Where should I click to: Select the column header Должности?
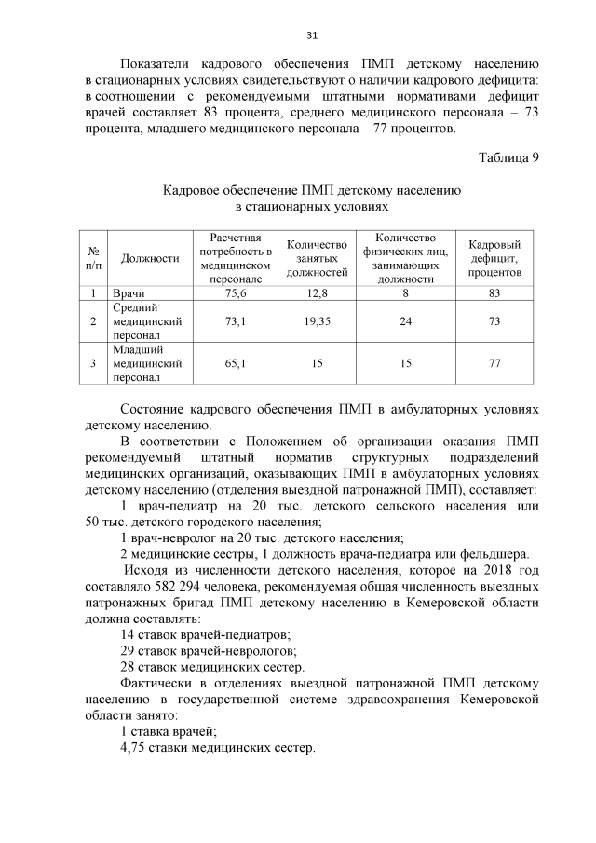point(150,258)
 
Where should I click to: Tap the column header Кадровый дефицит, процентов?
point(494,258)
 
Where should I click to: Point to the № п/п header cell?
point(93,258)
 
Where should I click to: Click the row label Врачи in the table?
point(129,293)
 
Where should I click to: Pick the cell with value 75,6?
point(236,293)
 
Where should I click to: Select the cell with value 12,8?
point(317,293)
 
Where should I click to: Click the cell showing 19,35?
point(317,321)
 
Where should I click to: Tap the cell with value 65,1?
point(236,364)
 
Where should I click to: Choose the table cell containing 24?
point(405,321)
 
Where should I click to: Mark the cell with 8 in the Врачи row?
point(405,293)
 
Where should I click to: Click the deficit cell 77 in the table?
point(494,364)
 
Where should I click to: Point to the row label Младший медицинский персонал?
point(146,364)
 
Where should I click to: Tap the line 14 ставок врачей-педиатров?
point(205,634)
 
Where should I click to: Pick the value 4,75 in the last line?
point(137,748)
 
